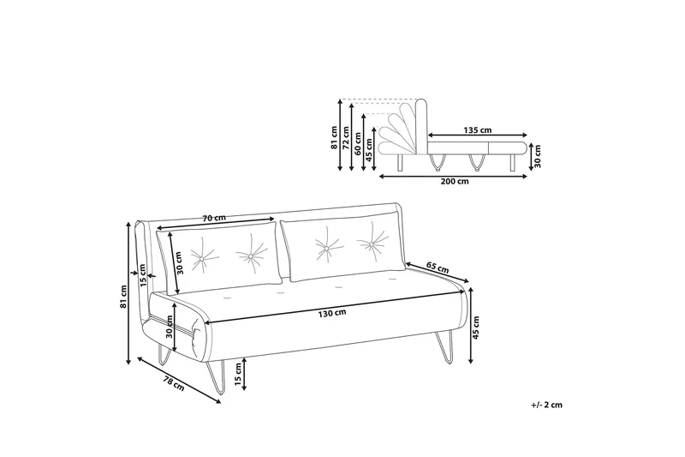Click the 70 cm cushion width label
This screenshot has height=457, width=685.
(214, 219)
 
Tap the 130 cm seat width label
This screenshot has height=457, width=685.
(333, 313)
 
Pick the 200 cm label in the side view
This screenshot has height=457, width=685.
(454, 182)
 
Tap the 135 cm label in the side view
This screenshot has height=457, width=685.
(477, 130)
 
